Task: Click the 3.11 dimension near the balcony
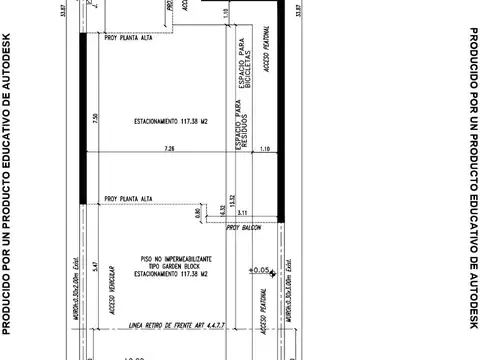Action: click(x=242, y=212)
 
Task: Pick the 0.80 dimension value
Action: click(x=197, y=212)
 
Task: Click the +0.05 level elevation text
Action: click(x=262, y=269)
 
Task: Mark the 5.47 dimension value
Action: click(x=93, y=267)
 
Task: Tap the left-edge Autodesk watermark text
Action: click(x=7, y=180)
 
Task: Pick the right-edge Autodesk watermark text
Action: click(x=472, y=180)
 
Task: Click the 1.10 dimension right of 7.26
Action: click(x=264, y=148)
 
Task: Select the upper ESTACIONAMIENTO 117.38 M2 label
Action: click(x=170, y=122)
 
